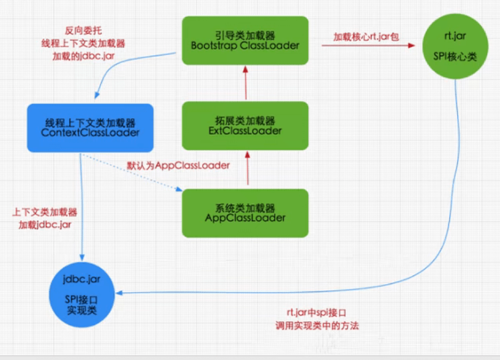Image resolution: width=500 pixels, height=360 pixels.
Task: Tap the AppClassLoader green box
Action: point(245,212)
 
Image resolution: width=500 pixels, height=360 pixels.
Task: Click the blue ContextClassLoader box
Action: point(90,127)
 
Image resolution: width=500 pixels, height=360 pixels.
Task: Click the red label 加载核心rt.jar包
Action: point(359,37)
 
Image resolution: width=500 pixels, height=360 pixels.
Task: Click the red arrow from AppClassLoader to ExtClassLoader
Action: point(246,169)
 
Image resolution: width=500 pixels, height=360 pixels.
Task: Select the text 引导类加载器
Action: point(245,33)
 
